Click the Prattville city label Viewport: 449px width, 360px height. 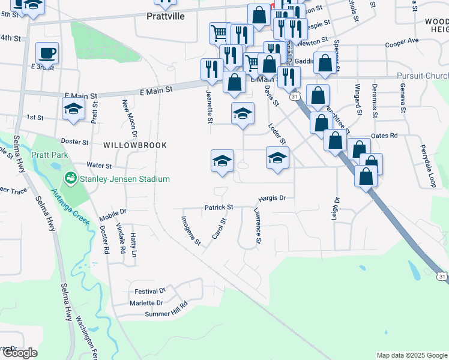point(165,17)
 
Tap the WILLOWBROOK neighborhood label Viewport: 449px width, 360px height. point(127,145)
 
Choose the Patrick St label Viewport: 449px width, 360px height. point(218,207)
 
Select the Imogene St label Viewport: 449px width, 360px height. point(191,230)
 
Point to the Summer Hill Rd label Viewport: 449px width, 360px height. point(166,314)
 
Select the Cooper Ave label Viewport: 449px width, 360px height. point(402,44)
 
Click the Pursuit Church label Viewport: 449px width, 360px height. point(423,76)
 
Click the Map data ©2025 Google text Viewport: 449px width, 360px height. point(412,355)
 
